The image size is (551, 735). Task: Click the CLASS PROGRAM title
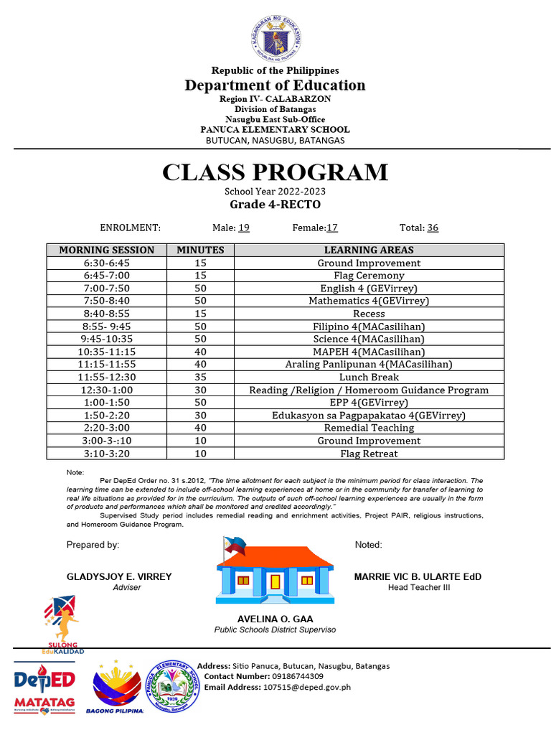click(275, 173)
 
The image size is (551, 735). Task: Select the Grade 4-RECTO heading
click(275, 205)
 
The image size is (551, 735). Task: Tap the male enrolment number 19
click(244, 228)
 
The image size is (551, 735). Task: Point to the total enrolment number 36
click(433, 228)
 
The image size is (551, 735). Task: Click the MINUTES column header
click(200, 251)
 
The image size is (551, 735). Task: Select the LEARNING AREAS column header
click(369, 251)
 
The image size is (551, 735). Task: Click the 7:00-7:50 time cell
click(107, 289)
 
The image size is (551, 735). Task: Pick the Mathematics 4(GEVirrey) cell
click(369, 301)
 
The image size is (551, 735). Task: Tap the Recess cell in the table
click(369, 314)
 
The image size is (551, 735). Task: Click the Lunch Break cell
click(369, 377)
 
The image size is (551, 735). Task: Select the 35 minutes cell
click(200, 377)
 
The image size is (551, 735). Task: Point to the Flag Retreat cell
click(369, 454)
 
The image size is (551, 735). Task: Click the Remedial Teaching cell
click(369, 428)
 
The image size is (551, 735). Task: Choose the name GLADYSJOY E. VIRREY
click(119, 577)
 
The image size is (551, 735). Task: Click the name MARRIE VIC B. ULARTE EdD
click(418, 577)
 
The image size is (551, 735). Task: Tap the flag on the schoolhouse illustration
click(234, 545)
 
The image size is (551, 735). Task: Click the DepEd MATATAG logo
click(44, 690)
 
